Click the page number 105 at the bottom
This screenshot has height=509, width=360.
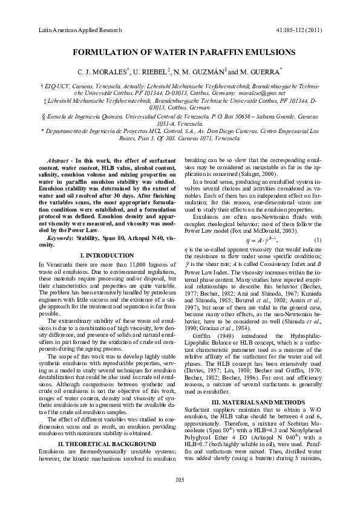179,496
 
